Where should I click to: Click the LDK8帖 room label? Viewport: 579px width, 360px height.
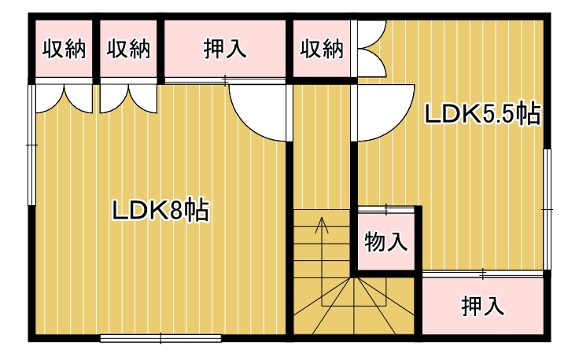(x=161, y=210)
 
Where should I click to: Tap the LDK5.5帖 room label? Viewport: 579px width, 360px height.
(x=482, y=114)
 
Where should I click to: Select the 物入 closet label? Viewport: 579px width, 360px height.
(x=386, y=242)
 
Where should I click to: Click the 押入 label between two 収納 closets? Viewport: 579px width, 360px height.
(x=225, y=49)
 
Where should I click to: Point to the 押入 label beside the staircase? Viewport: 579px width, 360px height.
(x=482, y=306)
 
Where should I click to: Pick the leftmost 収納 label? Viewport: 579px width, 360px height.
(x=64, y=49)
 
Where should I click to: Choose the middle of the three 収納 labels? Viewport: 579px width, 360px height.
(x=129, y=49)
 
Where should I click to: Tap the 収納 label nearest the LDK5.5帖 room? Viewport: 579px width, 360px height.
(x=322, y=49)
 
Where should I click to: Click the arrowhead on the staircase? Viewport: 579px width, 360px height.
(x=322, y=225)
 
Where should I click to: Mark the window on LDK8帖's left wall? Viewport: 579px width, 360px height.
(x=31, y=145)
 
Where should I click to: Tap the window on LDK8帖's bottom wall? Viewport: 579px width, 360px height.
(x=160, y=338)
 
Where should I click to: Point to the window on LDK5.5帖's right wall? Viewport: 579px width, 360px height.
(x=548, y=210)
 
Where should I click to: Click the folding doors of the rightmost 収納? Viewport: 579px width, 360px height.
(x=372, y=49)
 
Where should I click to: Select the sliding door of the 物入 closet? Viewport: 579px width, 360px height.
(x=386, y=210)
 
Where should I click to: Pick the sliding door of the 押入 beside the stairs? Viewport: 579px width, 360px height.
(x=482, y=274)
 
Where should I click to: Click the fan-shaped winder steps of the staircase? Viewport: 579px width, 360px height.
(x=354, y=306)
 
